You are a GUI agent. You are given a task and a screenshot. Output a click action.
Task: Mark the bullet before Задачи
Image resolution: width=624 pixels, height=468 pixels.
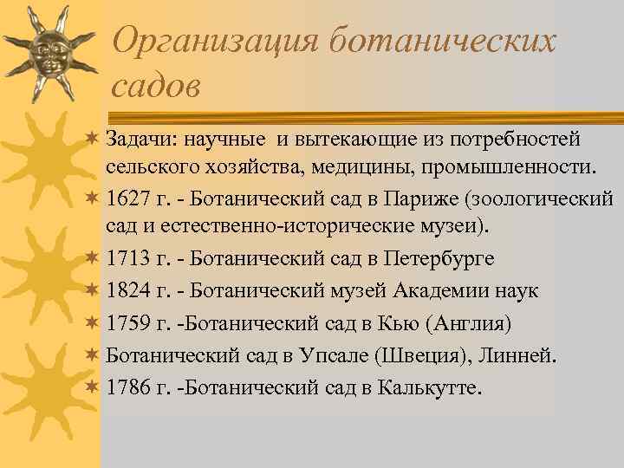pos(92,138)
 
